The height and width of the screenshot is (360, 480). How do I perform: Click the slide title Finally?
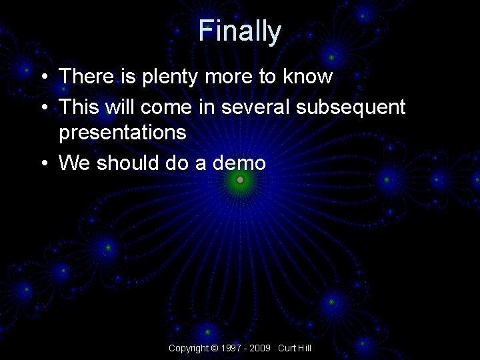pos(240,31)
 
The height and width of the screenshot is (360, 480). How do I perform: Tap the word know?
pos(306,77)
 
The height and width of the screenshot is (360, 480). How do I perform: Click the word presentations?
pos(123,133)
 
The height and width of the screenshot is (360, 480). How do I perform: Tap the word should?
pos(125,163)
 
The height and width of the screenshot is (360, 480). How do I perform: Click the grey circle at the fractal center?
pos(241,180)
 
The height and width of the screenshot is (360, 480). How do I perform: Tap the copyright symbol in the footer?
pos(213,348)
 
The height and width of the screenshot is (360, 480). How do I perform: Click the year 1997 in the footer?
pos(231,348)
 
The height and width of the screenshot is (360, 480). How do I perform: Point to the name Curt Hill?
pos(295,348)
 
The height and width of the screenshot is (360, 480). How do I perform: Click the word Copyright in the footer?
pos(188,348)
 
